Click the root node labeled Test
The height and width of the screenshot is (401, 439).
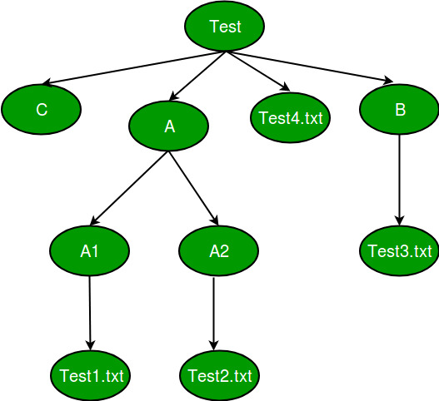point(225,27)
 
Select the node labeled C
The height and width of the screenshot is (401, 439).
point(41,109)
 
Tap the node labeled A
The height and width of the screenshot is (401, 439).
point(169,126)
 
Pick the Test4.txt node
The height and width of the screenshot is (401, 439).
point(289,116)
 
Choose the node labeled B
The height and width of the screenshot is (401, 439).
point(399,109)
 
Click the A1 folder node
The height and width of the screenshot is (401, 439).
point(89,250)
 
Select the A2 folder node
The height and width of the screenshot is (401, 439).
point(219,250)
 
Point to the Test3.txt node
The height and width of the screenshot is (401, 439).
point(399,250)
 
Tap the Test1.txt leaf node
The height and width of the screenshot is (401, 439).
point(90,376)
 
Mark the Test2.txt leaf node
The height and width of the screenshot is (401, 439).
point(219,376)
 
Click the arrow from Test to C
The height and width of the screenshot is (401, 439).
point(133,68)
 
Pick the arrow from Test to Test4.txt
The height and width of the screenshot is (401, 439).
point(257,72)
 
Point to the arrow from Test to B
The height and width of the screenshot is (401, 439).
point(308,67)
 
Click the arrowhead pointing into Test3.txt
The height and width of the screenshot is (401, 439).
point(400,220)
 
